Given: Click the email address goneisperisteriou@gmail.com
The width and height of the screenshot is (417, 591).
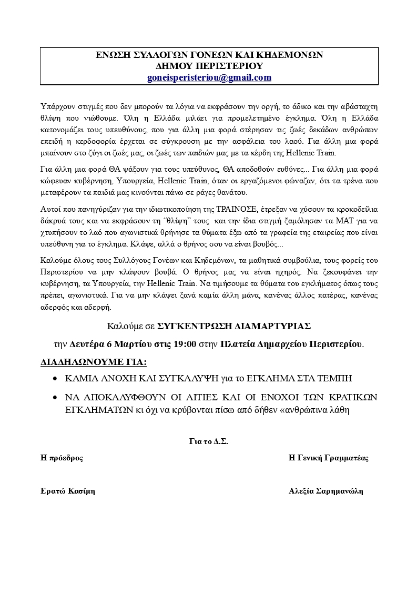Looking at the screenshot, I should tap(209, 77).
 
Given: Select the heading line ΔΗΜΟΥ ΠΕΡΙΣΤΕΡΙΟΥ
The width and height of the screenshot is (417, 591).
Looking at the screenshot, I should tap(209, 66).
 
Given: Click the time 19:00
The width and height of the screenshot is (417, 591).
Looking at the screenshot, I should tap(186, 344).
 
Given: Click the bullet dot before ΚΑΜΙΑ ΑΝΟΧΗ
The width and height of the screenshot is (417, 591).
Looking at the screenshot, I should tap(56, 379).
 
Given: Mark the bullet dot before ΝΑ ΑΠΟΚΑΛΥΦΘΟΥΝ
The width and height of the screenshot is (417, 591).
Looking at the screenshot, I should tap(56, 397).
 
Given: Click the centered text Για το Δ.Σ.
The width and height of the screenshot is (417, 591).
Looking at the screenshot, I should tap(209, 441).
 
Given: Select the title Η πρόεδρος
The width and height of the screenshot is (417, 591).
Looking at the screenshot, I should tap(62, 458).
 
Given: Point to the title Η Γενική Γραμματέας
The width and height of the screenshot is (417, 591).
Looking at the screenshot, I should tap(329, 458).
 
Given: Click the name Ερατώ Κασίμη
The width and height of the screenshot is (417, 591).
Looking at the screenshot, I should tap(68, 491).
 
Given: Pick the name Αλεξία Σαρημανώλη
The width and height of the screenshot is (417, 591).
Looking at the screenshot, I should tap(326, 491).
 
